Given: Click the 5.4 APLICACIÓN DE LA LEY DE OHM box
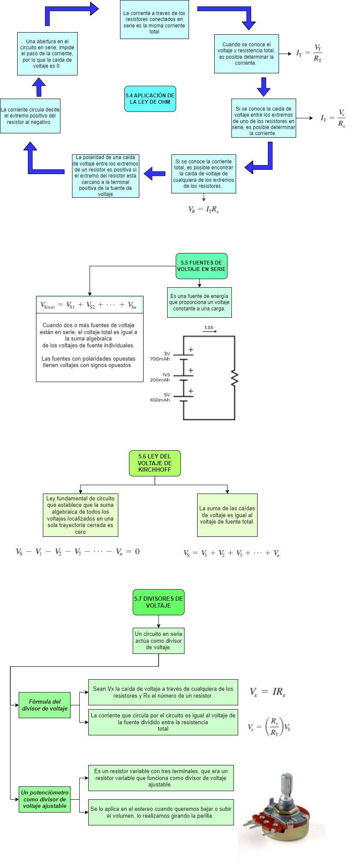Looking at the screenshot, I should [150, 99].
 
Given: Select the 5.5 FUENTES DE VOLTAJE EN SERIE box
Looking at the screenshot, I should [201, 266].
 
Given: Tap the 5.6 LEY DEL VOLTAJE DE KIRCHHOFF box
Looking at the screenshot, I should [155, 463].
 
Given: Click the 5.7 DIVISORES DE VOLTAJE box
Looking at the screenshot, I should [158, 602].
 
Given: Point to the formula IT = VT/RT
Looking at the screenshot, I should [309, 53].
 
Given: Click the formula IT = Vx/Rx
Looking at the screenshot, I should [333, 118].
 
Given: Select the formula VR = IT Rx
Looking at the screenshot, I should [204, 210].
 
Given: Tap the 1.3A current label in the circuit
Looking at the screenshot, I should [209, 328].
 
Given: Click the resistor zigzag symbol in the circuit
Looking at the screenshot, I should [234, 378].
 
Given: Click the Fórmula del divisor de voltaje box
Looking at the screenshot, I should [45, 705].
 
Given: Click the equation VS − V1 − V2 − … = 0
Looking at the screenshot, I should [78, 552].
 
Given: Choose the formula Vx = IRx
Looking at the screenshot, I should [267, 692].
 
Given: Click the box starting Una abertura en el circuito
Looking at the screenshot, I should [47, 54].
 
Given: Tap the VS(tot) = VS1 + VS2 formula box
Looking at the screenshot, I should [89, 305].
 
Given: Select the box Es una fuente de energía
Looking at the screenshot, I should [199, 302].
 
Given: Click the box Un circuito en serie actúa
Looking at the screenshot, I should [158, 641].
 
